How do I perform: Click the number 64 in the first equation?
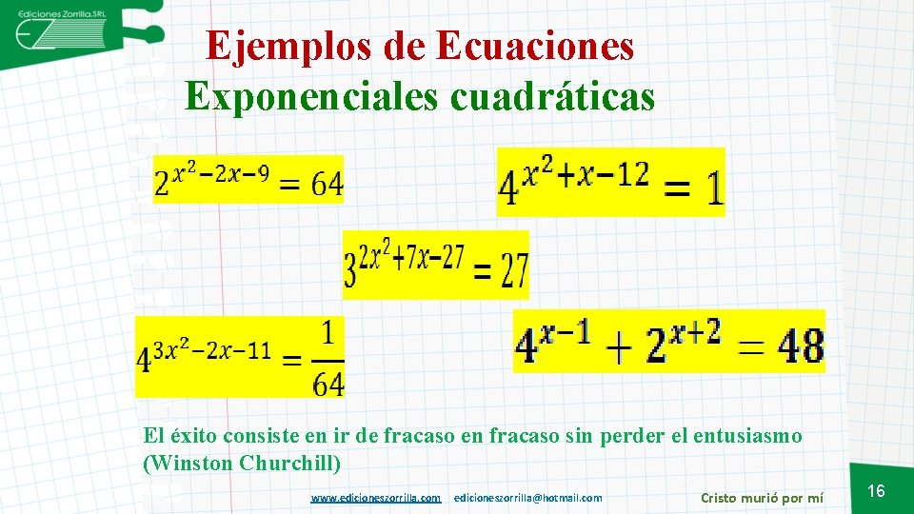(326, 185)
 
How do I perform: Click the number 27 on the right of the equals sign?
(513, 274)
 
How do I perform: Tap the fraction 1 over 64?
(328, 359)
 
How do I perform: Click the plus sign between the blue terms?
(620, 349)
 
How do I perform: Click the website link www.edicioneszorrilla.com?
(376, 498)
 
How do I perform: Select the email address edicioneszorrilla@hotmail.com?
(528, 498)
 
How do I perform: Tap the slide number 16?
(877, 491)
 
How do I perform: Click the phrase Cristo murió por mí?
(762, 498)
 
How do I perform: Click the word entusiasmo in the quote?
(752, 437)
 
